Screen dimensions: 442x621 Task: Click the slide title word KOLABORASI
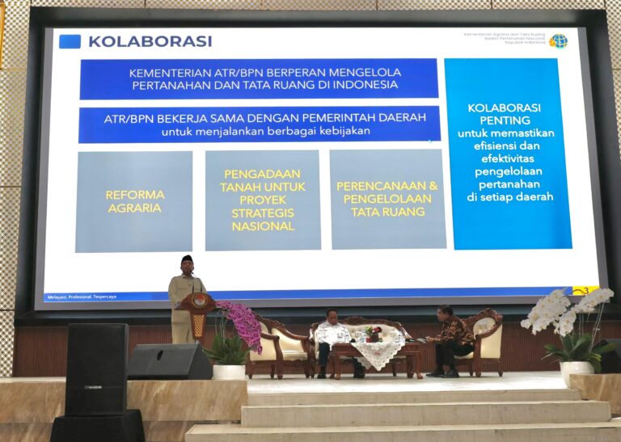tap(150, 41)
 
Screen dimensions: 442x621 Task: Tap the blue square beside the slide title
tap(70, 41)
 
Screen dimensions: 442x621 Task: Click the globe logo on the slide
tap(558, 40)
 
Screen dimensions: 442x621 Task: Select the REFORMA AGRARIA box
tap(134, 201)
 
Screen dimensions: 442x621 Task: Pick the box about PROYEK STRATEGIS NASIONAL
tap(262, 200)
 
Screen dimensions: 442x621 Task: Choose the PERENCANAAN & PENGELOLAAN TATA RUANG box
tap(387, 199)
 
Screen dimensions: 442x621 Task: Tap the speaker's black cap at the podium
tap(186, 259)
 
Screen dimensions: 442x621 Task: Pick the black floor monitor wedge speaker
tap(169, 361)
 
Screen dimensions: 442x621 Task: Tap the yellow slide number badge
tap(585, 290)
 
